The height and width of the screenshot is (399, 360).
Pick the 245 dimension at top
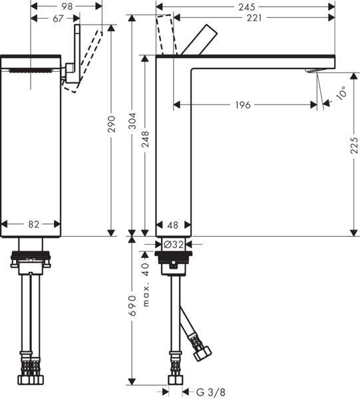(x=245, y=6)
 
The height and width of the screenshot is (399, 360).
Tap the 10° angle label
(x=341, y=94)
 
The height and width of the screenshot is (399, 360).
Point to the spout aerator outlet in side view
(x=313, y=71)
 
